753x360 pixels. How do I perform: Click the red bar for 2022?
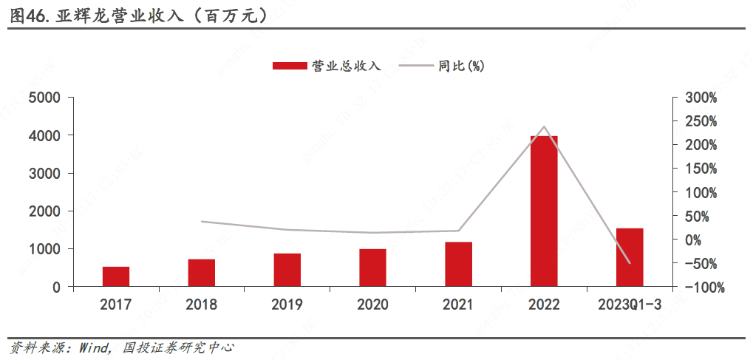(544, 211)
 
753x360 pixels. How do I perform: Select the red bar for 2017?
(116, 276)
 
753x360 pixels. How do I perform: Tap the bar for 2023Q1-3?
(630, 257)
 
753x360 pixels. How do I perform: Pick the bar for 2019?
(287, 270)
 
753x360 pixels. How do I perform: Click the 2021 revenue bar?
(458, 264)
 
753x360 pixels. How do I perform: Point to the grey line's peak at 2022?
(544, 126)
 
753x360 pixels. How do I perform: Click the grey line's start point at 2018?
(202, 222)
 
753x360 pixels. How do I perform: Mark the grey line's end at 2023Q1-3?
(630, 263)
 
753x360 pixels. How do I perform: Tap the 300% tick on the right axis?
(701, 98)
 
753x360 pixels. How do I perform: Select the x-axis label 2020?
(372, 305)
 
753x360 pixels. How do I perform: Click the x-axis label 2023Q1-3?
(629, 305)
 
